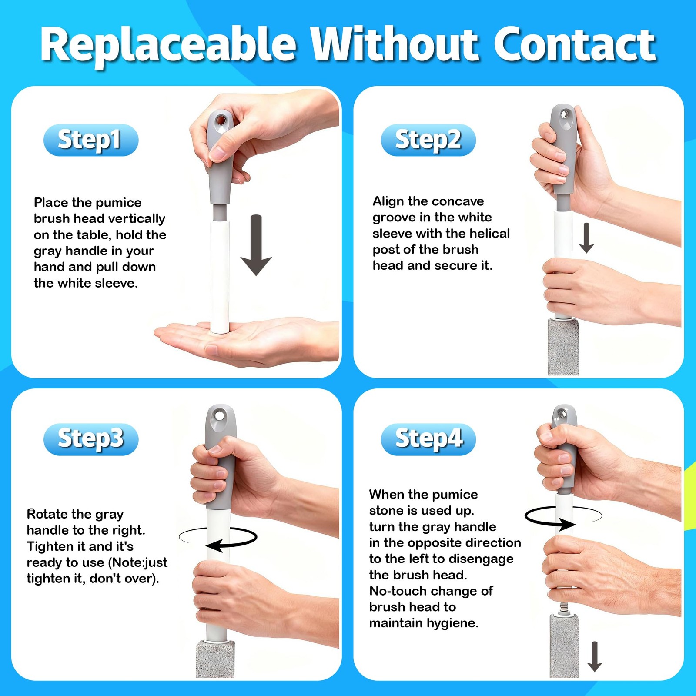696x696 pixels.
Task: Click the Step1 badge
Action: click(91, 140)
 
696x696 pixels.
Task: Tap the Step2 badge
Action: click(428, 140)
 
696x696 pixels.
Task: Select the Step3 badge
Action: click(91, 439)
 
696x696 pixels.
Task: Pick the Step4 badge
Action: click(428, 439)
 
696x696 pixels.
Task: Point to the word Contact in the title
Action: click(575, 44)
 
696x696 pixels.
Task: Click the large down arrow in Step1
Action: click(256, 245)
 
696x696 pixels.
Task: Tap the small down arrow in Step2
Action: click(586, 238)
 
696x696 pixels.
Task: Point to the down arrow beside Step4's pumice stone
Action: click(595, 656)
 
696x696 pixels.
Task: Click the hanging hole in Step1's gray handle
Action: click(220, 119)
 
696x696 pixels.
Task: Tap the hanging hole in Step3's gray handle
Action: click(220, 416)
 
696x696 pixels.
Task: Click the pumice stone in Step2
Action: click(563, 347)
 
